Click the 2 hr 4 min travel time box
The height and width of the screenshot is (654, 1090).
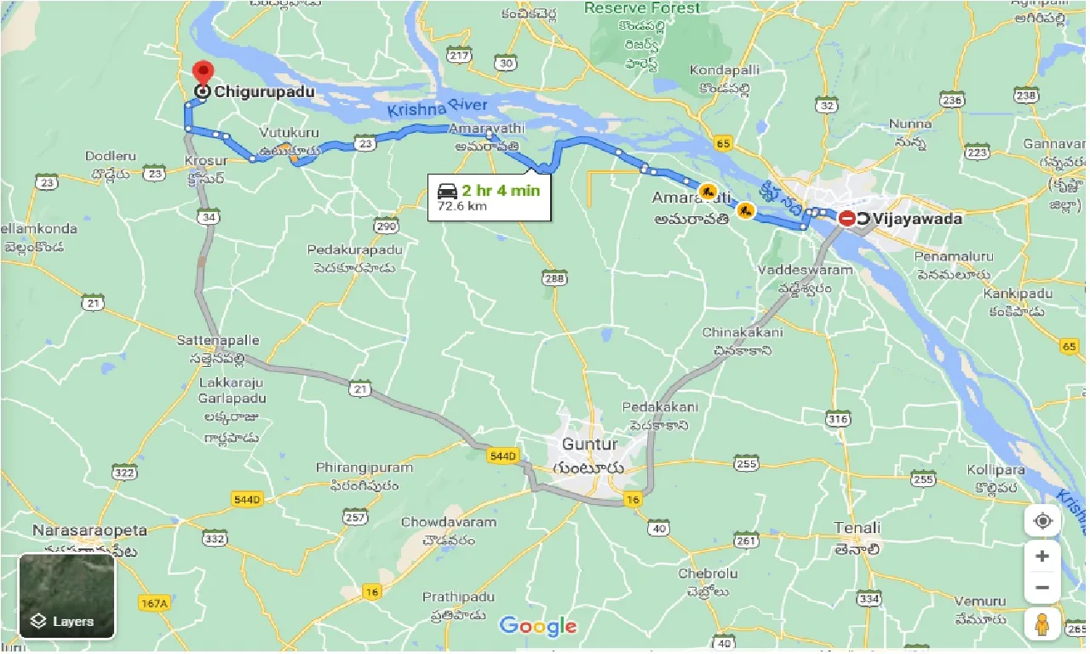[487, 198]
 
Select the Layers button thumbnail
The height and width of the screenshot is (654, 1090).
[66, 596]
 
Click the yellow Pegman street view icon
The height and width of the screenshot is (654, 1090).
[1042, 625]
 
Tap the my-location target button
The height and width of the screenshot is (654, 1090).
[1042, 520]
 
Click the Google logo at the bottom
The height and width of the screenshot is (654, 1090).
[538, 627]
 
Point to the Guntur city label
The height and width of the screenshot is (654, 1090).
[589, 445]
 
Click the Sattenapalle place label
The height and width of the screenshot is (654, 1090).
[218, 340]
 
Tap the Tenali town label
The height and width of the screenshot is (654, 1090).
[857, 528]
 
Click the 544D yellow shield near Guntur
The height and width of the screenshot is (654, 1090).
[503, 456]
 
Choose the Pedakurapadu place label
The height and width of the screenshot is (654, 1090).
[353, 250]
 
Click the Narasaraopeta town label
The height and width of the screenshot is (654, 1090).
[89, 531]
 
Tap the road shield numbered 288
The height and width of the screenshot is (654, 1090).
[554, 278]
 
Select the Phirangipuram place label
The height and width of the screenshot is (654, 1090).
[364, 468]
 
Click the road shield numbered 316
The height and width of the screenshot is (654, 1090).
[838, 419]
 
